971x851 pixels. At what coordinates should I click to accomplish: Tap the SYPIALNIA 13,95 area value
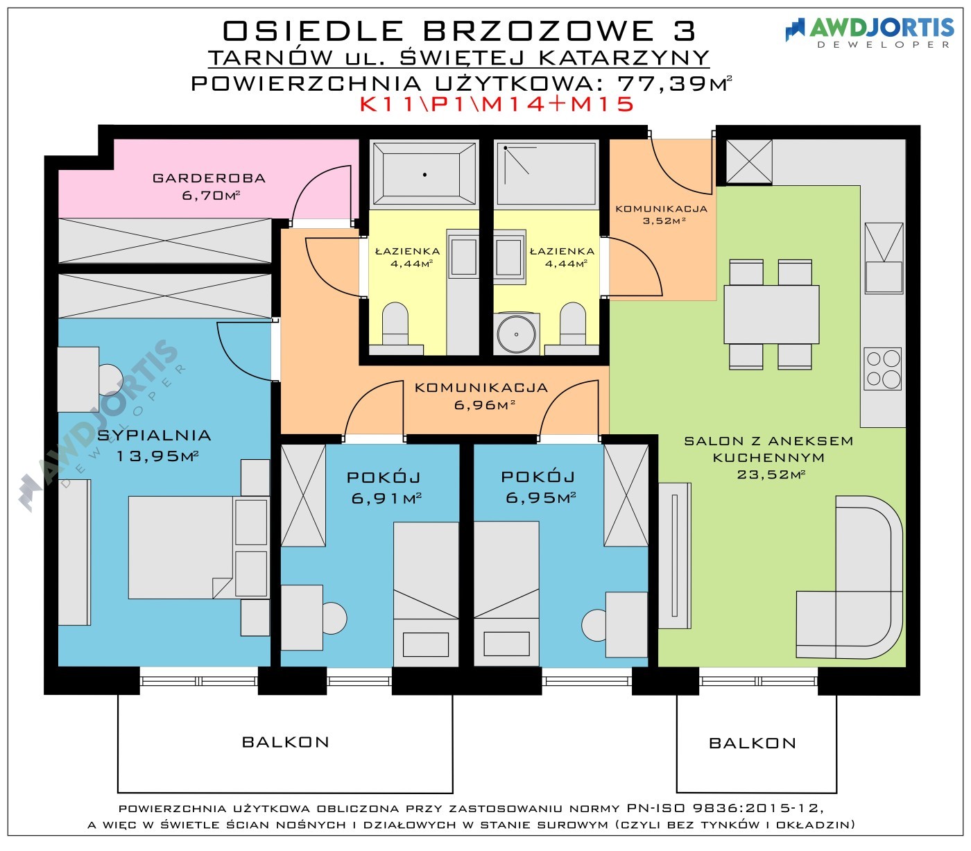pos(157,456)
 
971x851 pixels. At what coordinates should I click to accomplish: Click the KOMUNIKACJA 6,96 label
pos(481,396)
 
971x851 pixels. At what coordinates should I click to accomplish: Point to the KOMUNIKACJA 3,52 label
pos(662,214)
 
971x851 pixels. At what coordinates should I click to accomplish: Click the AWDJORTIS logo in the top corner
pos(869,33)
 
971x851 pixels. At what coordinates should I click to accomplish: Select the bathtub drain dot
pos(424,175)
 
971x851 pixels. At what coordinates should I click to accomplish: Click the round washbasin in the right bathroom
pos(516,334)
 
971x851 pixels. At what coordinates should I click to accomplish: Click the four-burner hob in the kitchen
pos(882,369)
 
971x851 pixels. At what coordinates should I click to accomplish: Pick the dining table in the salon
pos(771,314)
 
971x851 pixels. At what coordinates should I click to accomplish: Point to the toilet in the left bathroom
pos(395,327)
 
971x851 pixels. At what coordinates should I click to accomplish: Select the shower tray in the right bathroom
pos(547,174)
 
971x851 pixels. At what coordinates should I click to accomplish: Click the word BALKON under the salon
pos(753,743)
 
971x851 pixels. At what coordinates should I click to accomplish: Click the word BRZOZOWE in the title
pos(538,31)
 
